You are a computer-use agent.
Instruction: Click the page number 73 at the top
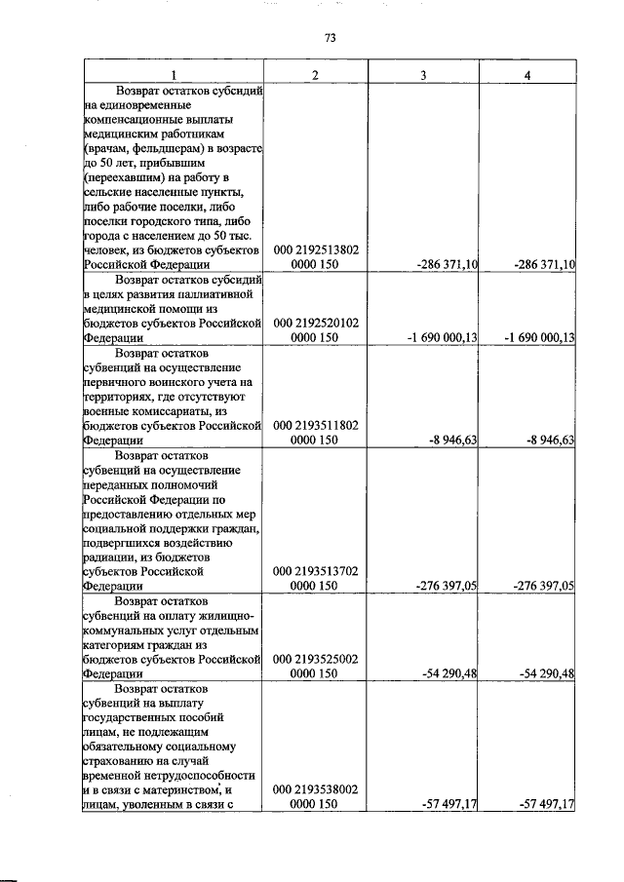pos(330,38)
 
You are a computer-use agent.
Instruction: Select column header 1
pos(174,75)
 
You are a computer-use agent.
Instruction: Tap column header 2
pos(315,75)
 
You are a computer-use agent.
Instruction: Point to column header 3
pos(422,75)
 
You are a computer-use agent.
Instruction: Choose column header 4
pos(526,75)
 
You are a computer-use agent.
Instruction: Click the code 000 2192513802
pos(315,249)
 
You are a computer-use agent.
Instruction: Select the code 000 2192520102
pos(315,323)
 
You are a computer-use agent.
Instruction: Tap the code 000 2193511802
pos(315,425)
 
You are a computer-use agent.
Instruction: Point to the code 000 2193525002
pos(315,658)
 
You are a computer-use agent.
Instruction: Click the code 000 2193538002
pos(315,789)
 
